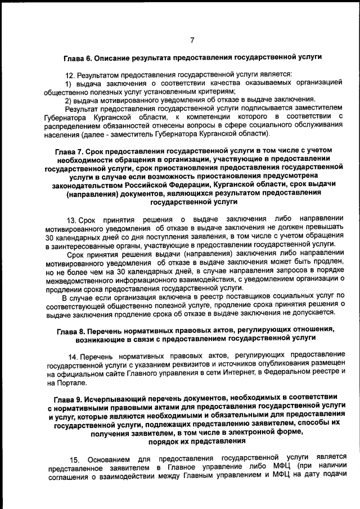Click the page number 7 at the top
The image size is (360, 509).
coord(192,40)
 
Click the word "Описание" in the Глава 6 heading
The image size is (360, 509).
coord(113,57)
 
